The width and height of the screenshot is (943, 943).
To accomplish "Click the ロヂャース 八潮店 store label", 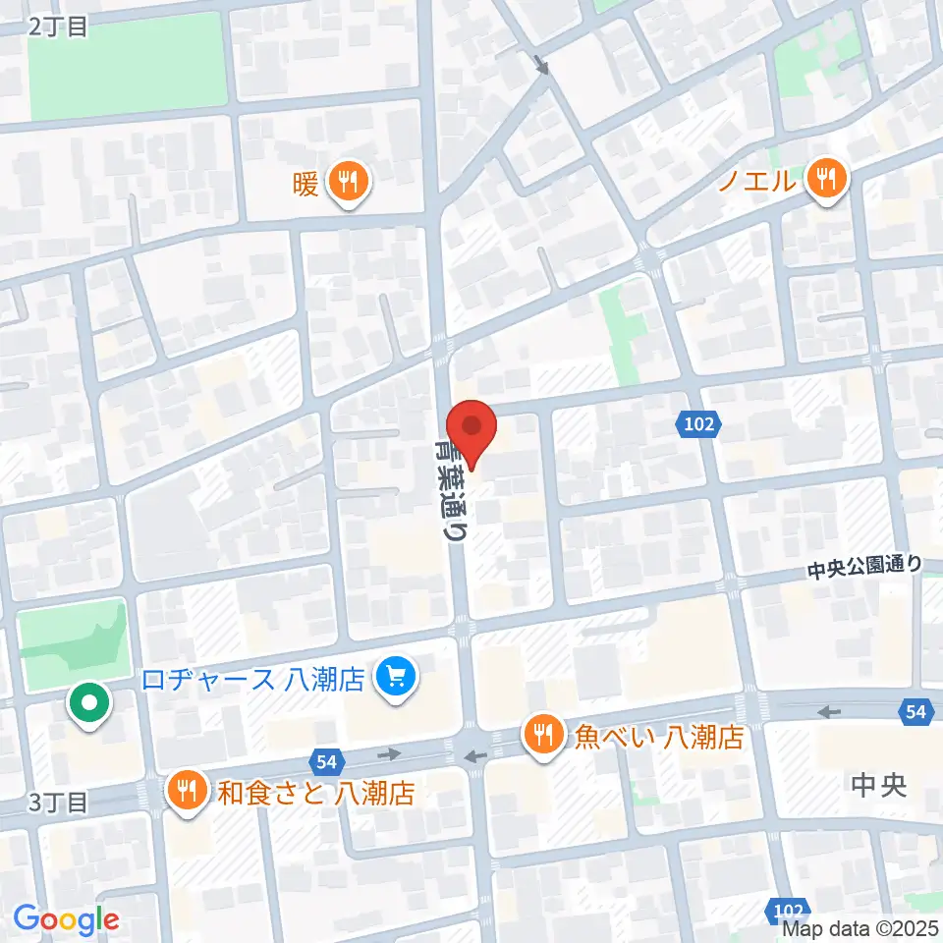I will pyautogui.click(x=253, y=679).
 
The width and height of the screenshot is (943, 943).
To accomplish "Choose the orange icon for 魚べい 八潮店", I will pyautogui.click(x=542, y=733).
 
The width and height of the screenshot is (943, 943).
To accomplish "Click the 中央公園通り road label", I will pyautogui.click(x=864, y=566).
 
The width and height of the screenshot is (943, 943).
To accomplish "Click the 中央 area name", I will pyautogui.click(x=878, y=785).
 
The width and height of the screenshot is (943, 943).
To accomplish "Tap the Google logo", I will pyautogui.click(x=66, y=920).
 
